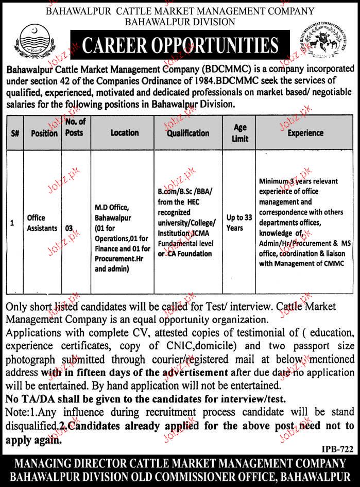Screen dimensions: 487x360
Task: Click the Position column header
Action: (x=44, y=133)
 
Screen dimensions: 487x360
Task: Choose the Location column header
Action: (x=124, y=132)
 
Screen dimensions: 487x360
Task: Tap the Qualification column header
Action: (x=187, y=132)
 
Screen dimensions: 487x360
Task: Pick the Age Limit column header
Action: (x=239, y=132)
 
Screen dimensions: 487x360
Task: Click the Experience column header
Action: (x=305, y=132)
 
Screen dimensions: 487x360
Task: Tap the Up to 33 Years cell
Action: (x=240, y=222)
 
